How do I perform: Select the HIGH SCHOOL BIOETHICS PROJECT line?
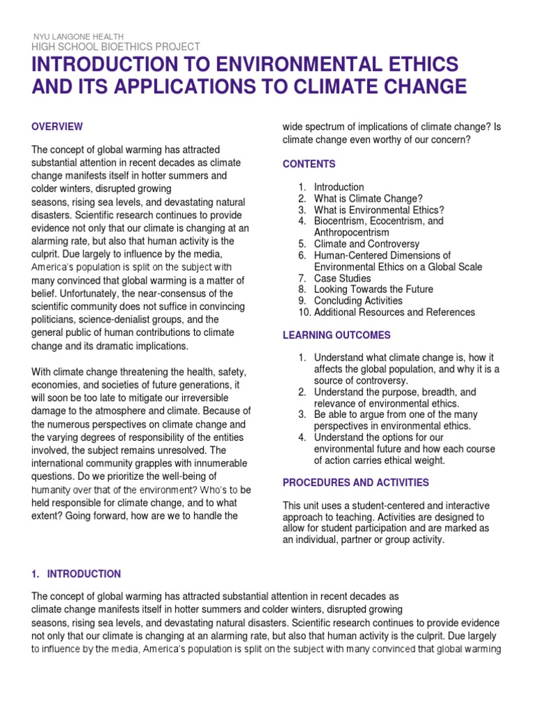pos(115,47)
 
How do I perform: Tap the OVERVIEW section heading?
pos(58,127)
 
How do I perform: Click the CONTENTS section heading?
pos(309,164)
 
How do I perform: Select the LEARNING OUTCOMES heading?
pos(337,335)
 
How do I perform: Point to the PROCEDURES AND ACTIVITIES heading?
pos(355,483)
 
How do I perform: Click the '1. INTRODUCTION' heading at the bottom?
pos(76,574)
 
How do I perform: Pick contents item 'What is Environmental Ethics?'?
pos(379,210)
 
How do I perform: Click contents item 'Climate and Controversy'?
pos(366,244)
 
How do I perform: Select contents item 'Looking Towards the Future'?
pos(373,289)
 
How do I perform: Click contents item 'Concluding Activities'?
pos(358,301)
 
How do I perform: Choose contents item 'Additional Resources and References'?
pos(394,312)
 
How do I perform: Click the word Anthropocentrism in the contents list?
pos(352,232)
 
